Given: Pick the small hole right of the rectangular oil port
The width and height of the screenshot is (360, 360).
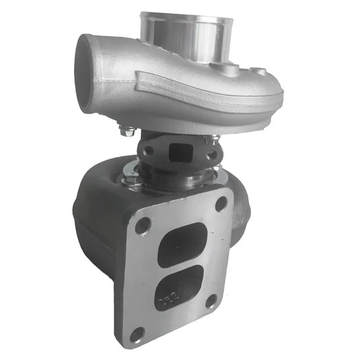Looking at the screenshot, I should click(x=211, y=154).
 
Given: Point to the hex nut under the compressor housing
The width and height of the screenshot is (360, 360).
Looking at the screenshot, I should click(x=127, y=131).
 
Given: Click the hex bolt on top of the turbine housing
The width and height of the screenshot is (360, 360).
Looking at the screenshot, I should click(x=133, y=180).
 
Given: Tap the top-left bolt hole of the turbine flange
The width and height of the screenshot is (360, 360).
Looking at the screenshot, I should click(x=142, y=226).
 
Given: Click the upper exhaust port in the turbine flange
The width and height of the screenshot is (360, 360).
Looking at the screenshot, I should click(x=182, y=244).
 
